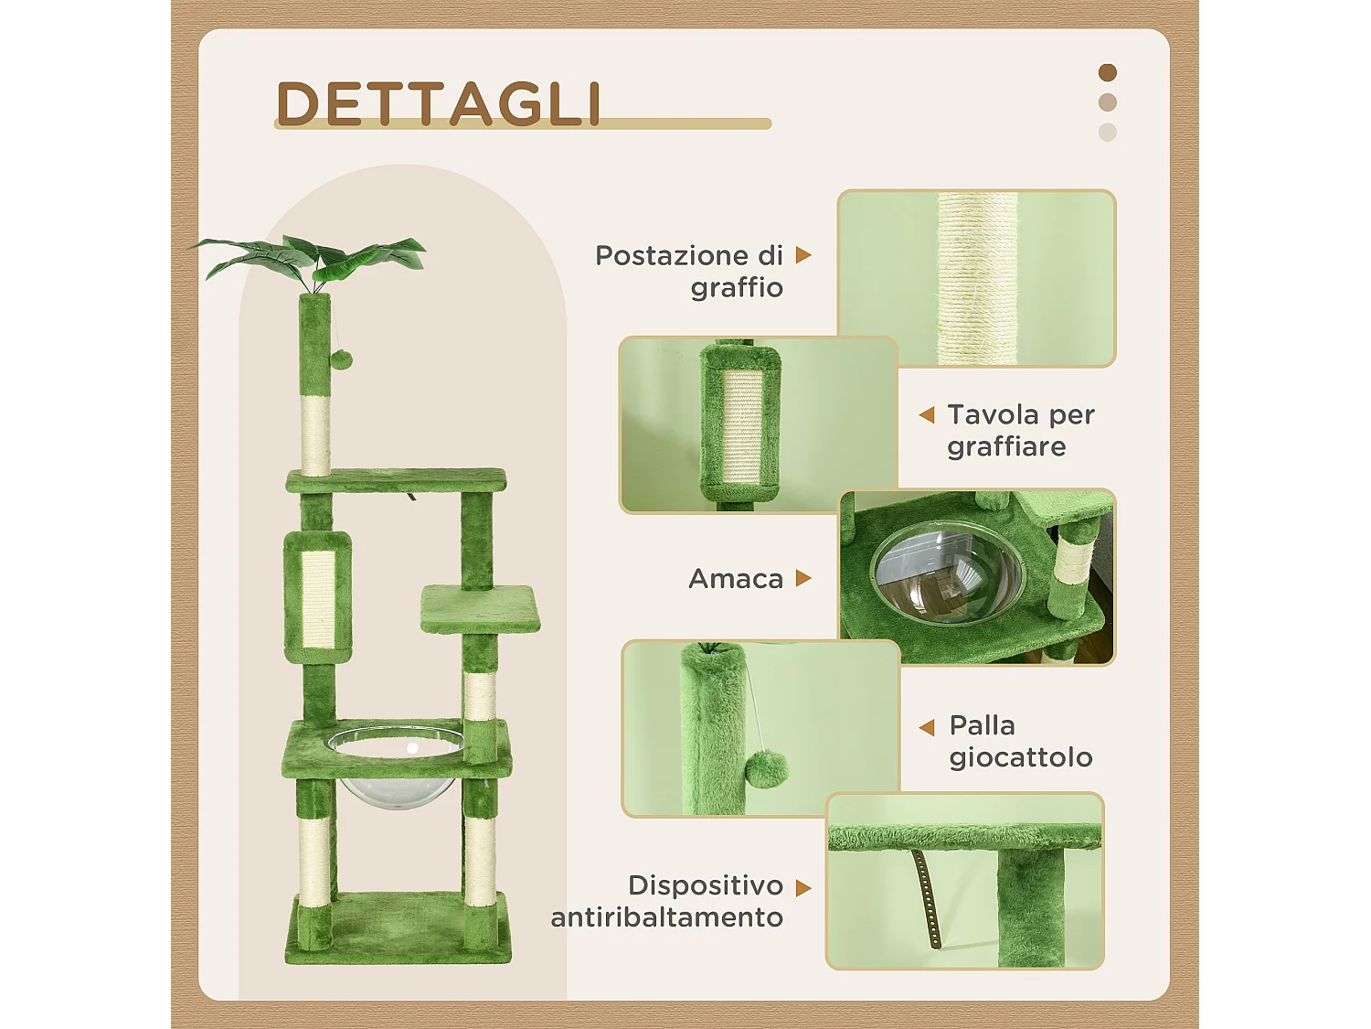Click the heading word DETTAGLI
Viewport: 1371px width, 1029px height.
click(439, 103)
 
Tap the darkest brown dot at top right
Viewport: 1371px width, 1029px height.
click(1107, 72)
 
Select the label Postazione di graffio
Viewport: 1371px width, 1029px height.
click(690, 271)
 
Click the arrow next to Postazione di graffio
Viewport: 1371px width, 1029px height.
click(803, 255)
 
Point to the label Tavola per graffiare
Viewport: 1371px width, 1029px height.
click(1020, 430)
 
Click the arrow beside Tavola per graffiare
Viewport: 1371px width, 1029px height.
click(927, 415)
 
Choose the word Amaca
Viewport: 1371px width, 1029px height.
click(736, 579)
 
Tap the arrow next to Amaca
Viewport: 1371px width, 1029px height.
click(803, 578)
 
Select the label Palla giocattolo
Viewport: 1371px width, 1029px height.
click(1020, 741)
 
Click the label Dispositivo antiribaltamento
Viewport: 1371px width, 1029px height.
click(668, 901)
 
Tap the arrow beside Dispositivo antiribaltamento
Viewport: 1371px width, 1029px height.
click(803, 888)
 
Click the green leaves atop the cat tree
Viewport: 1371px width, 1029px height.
click(311, 256)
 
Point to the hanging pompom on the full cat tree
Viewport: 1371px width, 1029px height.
click(341, 359)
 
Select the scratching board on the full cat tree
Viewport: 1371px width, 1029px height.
click(317, 596)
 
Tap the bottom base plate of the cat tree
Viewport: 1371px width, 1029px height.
click(399, 928)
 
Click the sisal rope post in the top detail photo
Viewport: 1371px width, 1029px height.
click(977, 279)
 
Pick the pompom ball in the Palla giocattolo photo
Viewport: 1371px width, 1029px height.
click(766, 769)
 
